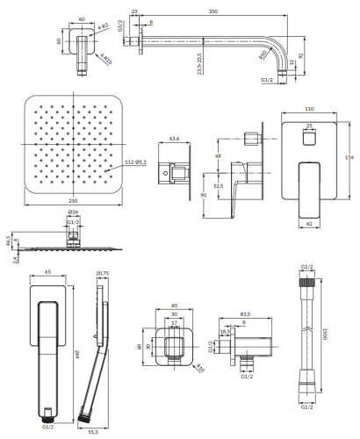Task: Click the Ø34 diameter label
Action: pyautogui.click(x=73, y=212)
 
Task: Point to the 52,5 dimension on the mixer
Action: pyautogui.click(x=216, y=185)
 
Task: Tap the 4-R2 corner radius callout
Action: pyautogui.click(x=104, y=26)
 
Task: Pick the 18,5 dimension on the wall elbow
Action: pyautogui.click(x=224, y=333)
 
